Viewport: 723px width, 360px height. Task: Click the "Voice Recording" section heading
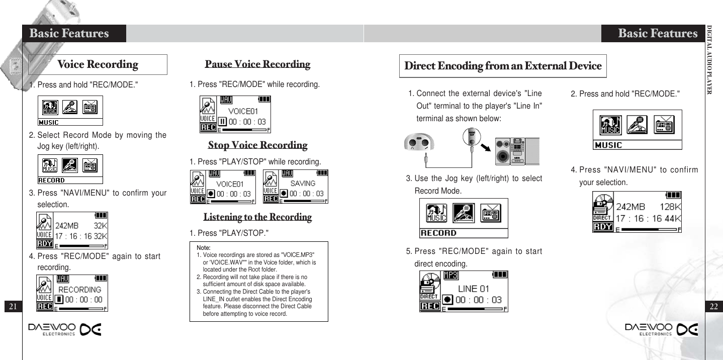(98, 64)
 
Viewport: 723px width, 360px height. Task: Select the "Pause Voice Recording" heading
(257, 64)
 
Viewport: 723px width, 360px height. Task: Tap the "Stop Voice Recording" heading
(257, 145)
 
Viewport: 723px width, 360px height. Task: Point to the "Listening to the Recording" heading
(257, 217)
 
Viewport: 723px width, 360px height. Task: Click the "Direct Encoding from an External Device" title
(503, 66)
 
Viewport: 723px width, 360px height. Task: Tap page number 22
(713, 306)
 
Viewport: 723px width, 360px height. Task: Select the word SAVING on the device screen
(303, 184)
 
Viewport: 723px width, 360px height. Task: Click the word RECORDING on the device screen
(80, 290)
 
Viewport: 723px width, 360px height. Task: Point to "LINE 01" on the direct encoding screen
(473, 289)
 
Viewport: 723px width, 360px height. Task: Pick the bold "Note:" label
(204, 248)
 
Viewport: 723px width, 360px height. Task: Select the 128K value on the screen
(670, 207)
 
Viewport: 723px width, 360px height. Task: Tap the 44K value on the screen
(673, 219)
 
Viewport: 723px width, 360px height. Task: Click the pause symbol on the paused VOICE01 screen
(223, 122)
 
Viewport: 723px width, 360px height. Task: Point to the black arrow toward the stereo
(485, 148)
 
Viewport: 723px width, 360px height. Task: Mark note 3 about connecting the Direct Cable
(256, 303)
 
